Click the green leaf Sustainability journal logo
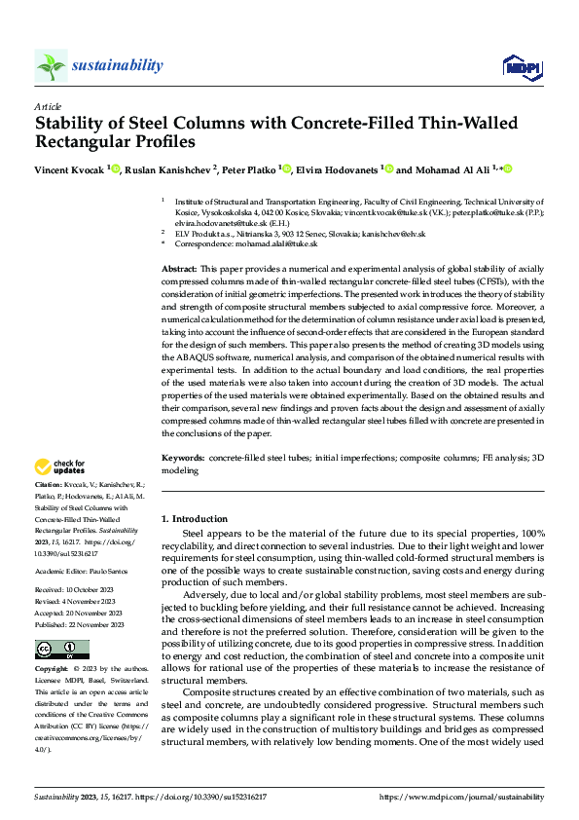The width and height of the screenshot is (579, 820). [52, 65]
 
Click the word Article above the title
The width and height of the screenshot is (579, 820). [48, 106]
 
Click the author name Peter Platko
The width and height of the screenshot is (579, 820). [250, 169]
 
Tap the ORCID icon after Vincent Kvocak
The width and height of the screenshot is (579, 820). [116, 169]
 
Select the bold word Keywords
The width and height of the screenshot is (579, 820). [182, 457]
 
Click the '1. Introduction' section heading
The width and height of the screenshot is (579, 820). [194, 519]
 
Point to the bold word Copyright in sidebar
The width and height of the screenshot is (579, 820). [52, 671]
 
